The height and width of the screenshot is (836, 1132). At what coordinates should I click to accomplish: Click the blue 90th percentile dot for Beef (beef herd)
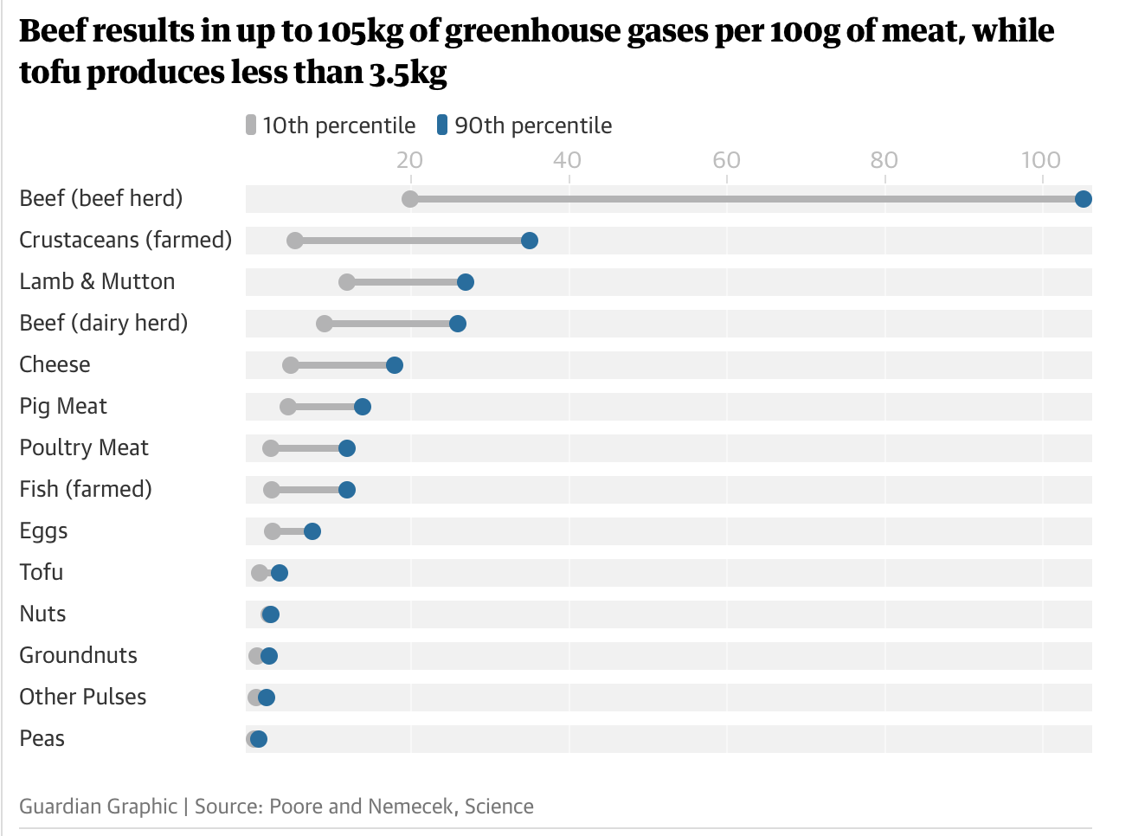click(x=1083, y=199)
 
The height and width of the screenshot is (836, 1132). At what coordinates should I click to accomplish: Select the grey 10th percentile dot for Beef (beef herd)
click(x=410, y=199)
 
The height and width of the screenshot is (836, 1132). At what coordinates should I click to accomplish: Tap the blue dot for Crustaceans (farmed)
click(x=530, y=241)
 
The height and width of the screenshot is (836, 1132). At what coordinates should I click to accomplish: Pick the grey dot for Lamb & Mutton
click(x=347, y=282)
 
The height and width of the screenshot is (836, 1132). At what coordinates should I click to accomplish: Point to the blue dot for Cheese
click(x=395, y=365)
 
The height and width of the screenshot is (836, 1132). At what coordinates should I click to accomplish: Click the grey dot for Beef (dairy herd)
click(x=325, y=324)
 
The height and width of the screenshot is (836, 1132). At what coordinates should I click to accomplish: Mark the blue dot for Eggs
click(x=312, y=531)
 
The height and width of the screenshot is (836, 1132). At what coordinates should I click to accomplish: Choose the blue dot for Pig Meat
click(x=363, y=407)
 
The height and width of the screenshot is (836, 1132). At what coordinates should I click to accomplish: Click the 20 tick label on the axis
click(x=409, y=160)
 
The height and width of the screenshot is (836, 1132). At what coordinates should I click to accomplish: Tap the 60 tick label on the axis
click(x=726, y=160)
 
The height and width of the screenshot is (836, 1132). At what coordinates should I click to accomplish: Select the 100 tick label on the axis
click(x=1040, y=160)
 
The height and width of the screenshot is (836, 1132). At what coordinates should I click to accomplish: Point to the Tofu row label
click(x=42, y=572)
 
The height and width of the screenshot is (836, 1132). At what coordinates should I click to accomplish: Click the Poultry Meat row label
click(x=84, y=447)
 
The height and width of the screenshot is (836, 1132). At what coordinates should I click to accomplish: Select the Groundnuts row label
click(x=79, y=655)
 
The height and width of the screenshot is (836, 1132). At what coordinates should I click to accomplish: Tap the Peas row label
click(x=42, y=738)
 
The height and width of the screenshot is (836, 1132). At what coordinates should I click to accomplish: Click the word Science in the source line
click(x=499, y=807)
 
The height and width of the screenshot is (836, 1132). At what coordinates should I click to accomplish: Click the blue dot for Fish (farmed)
click(x=347, y=490)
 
